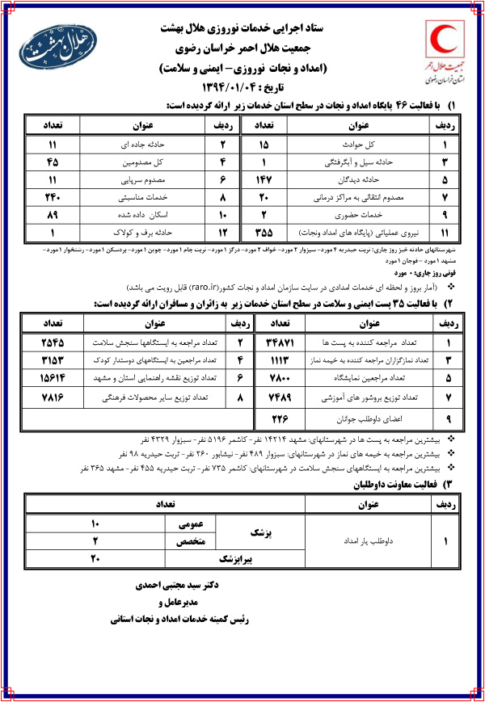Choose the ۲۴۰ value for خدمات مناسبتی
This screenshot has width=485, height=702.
click(x=48, y=195)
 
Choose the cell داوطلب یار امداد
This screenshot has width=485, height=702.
click(x=359, y=541)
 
